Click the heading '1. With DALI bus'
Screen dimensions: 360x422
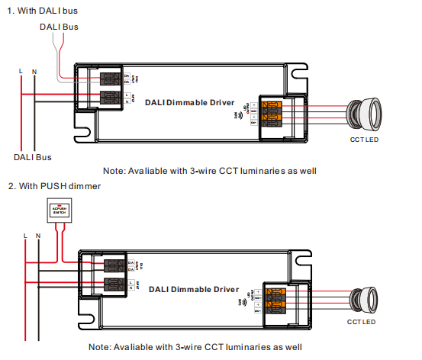point(42,11)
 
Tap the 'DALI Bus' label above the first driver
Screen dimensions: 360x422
point(58,27)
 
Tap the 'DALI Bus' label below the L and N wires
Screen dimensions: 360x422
point(33,157)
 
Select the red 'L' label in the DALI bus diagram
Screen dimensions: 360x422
point(21,71)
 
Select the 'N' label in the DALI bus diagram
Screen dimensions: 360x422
point(34,71)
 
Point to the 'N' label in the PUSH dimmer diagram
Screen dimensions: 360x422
point(38,236)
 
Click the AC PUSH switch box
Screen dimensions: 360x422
point(60,213)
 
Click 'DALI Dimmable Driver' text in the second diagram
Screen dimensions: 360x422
point(194,290)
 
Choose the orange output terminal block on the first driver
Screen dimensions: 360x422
point(272,112)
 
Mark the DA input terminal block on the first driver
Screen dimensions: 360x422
point(112,78)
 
